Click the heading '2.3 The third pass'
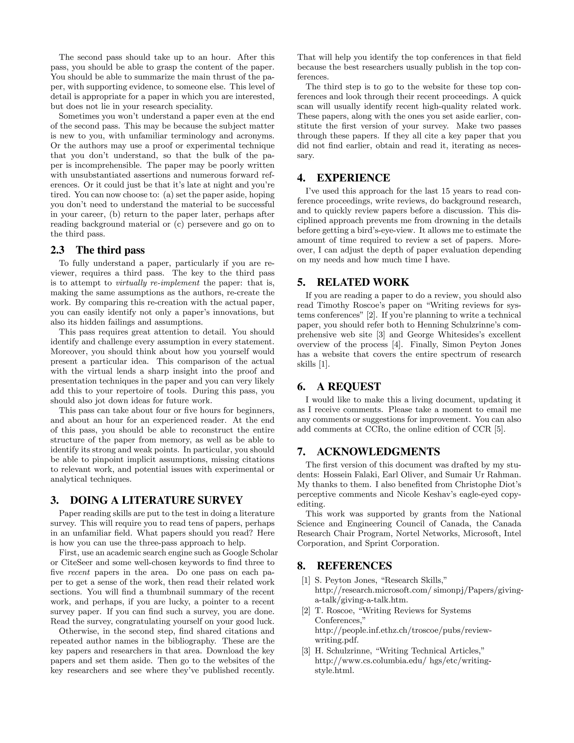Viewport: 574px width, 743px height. tap(98, 250)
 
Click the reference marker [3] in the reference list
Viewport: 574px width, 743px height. tap(306, 651)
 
